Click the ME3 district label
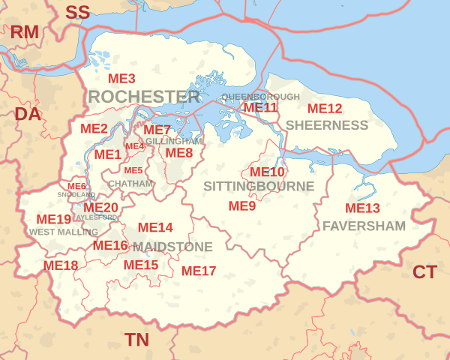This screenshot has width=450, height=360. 121,79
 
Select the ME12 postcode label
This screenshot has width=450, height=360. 325,109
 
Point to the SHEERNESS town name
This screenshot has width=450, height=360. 327,124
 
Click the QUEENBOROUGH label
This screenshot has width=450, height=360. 260,97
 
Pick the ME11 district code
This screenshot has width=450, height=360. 260,107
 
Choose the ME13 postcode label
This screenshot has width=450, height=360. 362,208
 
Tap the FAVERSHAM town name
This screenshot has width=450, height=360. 364,225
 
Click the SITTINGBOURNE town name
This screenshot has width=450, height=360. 259,186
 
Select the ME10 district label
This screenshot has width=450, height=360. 267,172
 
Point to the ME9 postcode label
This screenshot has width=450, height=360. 242,205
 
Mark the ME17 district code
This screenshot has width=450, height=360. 199,271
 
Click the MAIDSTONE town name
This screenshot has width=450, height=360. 172,246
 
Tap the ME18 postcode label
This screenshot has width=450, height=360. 61,265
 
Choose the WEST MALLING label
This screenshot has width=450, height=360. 64,232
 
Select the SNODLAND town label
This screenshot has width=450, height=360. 76,195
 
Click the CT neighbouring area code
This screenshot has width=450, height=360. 424,272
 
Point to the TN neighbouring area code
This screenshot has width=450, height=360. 136,340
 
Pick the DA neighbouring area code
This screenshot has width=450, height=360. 28,114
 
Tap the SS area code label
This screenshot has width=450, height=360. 77,12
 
